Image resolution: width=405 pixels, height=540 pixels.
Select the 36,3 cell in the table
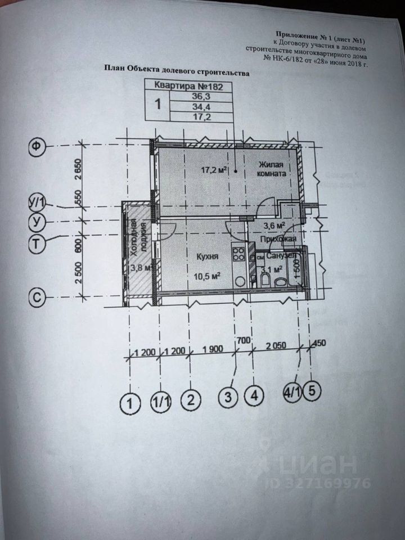coord(200,96)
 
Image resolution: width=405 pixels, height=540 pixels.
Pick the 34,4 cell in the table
coord(200,106)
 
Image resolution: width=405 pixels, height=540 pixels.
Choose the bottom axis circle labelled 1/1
coord(162,401)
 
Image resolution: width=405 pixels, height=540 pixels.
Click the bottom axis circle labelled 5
coord(312,392)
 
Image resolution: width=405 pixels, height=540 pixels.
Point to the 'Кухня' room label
coord(207,256)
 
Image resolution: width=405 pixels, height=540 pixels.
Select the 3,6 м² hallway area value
coord(273,226)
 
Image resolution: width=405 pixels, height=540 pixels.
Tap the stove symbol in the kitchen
coord(238,254)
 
